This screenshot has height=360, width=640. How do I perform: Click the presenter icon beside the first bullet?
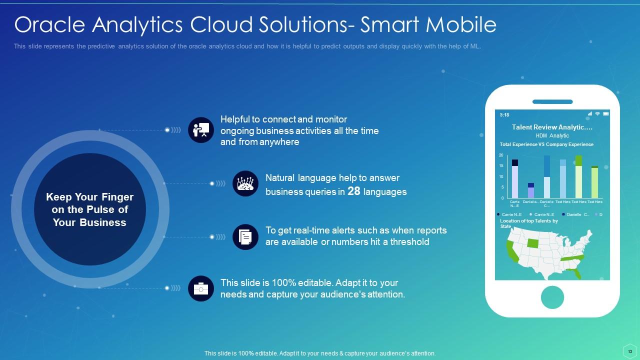[201, 130]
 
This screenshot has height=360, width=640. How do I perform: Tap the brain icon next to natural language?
[245, 183]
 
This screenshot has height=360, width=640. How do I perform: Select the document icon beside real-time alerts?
[245, 236]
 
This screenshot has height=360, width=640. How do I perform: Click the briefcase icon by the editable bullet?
[201, 288]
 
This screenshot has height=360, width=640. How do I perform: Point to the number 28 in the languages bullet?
[354, 191]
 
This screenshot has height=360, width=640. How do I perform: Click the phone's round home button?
[552, 297]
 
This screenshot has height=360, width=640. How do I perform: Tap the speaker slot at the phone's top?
[552, 102]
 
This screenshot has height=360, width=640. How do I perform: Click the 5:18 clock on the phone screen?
[504, 115]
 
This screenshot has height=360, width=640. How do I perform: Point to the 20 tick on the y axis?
[501, 155]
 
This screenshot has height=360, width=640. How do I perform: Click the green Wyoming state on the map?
[533, 243]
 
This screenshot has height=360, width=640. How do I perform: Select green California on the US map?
[511, 251]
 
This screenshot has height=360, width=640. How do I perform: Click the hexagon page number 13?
[630, 352]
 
